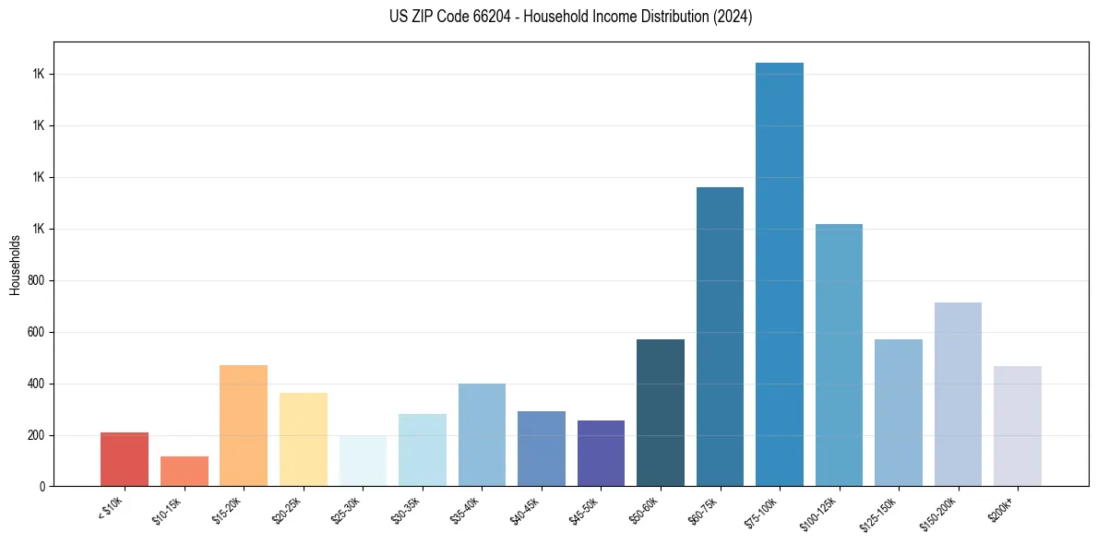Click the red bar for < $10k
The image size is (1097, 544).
(x=125, y=459)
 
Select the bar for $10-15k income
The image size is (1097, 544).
(x=185, y=471)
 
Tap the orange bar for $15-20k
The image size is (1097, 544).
(x=244, y=426)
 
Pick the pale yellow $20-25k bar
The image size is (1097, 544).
(x=304, y=440)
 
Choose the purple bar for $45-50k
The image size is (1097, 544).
(x=601, y=454)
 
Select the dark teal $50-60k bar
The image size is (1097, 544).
(x=661, y=413)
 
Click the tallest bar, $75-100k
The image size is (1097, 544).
(x=780, y=275)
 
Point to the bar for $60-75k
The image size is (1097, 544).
(x=720, y=337)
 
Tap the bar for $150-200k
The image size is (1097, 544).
(x=958, y=395)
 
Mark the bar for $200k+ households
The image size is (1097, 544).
(x=1018, y=426)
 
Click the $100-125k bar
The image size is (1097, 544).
(x=839, y=355)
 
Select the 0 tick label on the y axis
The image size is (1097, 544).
(x=43, y=487)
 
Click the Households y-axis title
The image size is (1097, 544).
(x=16, y=265)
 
